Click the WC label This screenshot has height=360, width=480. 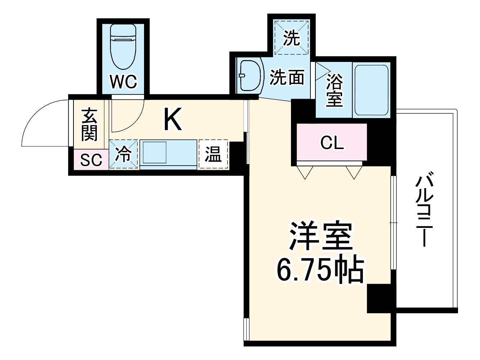click(x=124, y=82)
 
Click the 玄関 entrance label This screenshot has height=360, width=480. click(x=89, y=124)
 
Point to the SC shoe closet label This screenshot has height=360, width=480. click(x=91, y=160)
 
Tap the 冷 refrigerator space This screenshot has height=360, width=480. click(x=124, y=154)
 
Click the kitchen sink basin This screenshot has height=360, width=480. click(x=154, y=153)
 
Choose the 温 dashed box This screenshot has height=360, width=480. click(x=213, y=154)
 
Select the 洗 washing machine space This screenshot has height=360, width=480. click(x=291, y=38)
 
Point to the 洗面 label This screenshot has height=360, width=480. click(x=287, y=77)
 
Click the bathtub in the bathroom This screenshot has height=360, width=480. click(x=371, y=90)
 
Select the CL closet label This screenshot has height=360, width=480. click(x=332, y=143)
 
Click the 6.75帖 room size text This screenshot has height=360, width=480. click(x=320, y=269)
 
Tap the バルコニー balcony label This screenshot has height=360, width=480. click(x=425, y=211)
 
